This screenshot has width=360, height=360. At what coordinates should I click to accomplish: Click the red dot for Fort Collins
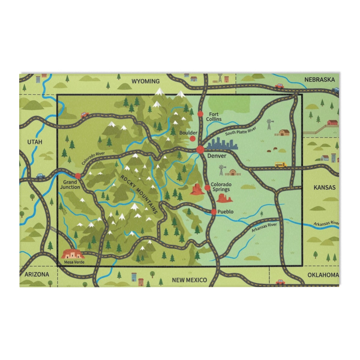pos(200,114)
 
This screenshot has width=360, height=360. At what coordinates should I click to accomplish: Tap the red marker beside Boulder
pos(193,138)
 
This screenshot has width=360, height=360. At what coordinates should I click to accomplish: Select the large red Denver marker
pos(200,149)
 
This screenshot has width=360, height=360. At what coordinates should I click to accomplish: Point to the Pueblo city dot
pos(214,212)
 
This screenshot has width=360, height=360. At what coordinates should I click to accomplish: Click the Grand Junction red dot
pos(78,176)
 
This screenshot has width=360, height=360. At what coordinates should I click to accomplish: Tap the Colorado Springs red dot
pos(207,188)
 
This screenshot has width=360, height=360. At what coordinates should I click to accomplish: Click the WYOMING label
pos(145,81)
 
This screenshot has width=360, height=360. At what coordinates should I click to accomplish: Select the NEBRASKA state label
pos(319,79)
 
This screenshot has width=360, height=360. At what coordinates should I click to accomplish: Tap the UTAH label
pos(35,142)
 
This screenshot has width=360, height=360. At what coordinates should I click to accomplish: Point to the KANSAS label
pos(324,187)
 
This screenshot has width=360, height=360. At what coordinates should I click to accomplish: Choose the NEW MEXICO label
pos(189,280)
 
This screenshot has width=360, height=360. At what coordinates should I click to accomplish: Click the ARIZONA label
pos(37,274)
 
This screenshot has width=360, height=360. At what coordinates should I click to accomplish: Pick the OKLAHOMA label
pos(323,275)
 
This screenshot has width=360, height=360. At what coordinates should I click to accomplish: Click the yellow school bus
pos(281,165)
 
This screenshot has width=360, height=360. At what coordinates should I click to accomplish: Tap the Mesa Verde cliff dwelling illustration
pos(71,254)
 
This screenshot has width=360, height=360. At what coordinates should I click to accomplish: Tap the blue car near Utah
pos(40,176)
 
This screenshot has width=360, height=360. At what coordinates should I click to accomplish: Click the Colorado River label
pos(94,158)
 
